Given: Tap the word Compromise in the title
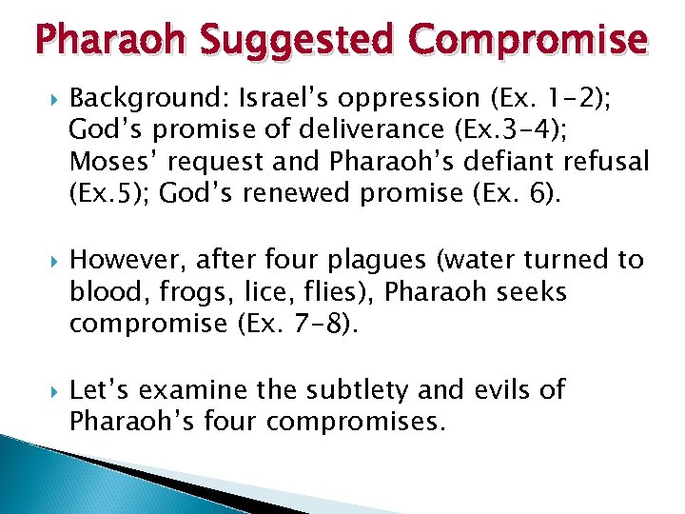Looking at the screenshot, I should click(x=527, y=40).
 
